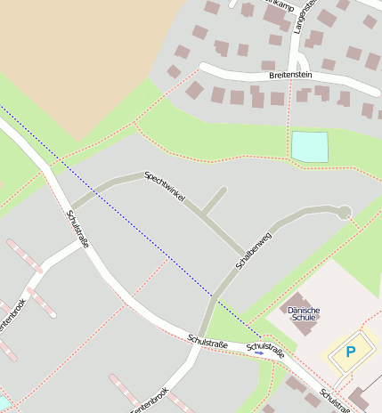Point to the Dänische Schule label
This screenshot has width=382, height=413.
tap(305, 314)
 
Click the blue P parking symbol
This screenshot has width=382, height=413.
tap(350, 352)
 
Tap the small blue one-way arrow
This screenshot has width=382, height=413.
tap(259, 352)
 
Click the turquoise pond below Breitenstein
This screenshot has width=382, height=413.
tap(309, 147)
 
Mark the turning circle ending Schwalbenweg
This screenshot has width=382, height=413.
tap(345, 212)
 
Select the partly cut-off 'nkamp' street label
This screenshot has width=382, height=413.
tap(280, 5)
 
